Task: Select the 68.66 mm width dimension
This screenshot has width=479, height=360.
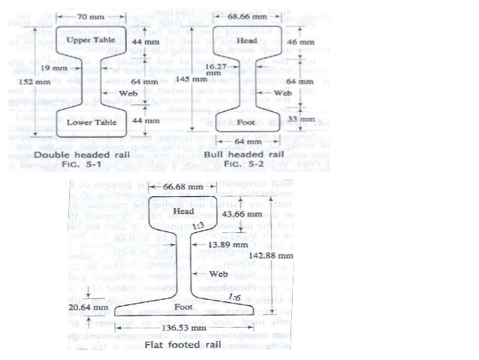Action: click(x=246, y=14)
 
